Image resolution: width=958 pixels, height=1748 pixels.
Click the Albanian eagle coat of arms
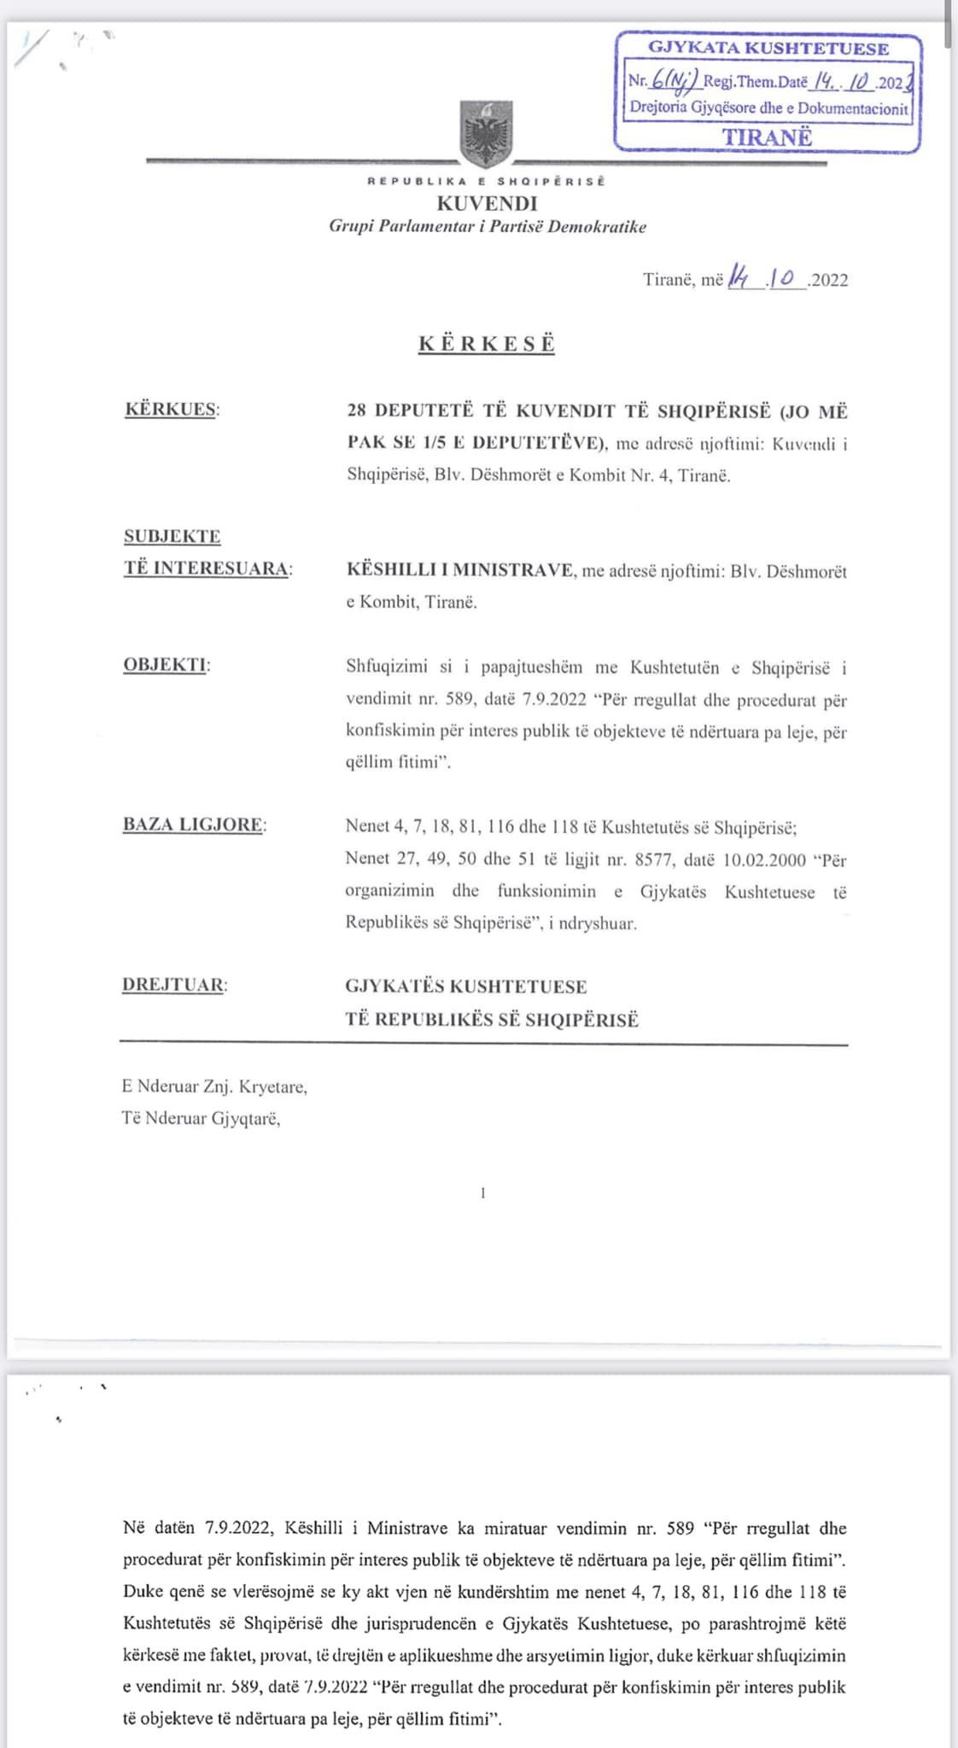pos(487,133)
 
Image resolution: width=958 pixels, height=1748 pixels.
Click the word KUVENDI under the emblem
pos(487,203)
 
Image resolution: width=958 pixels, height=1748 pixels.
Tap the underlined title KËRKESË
pos(487,343)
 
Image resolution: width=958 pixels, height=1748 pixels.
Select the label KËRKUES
pos(171,409)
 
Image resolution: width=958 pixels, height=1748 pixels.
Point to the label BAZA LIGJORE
pos(193,824)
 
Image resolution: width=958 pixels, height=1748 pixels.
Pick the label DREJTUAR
pos(173,984)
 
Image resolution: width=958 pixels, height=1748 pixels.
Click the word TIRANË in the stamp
pos(767,137)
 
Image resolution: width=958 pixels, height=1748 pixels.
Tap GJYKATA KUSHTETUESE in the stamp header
pos(768,49)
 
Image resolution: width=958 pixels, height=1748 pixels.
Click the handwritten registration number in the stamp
pos(675,82)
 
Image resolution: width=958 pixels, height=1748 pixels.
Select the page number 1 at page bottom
pos(483,1193)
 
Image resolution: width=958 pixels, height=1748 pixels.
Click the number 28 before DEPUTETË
pos(356,411)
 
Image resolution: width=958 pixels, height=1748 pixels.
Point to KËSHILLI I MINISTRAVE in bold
pos(459,570)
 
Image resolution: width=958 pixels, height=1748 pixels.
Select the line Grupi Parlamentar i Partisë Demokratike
pos(488,227)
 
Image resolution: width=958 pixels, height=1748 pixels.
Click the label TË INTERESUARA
pos(205,568)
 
